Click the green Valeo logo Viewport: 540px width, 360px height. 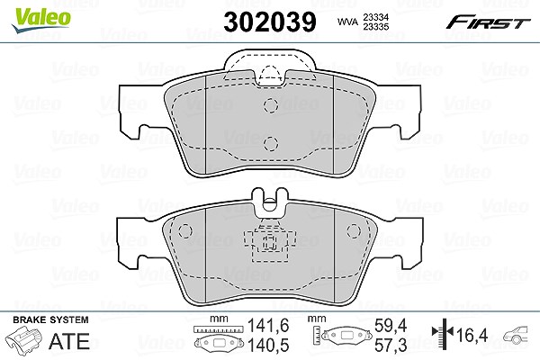(41, 21)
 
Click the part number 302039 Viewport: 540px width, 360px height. (270, 22)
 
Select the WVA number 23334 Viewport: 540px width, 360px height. (376, 17)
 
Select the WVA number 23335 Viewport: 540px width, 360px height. (376, 26)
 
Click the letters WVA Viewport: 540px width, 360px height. (348, 22)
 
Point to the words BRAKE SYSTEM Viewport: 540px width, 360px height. (50, 319)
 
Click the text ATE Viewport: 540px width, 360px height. (69, 341)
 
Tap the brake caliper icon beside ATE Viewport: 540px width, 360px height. (25, 339)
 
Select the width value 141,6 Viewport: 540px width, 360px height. (268, 326)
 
